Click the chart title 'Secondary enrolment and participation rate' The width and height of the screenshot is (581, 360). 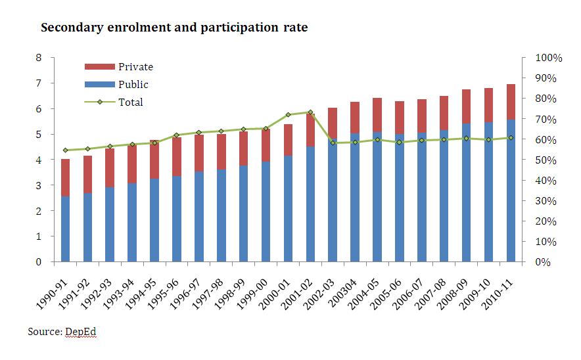click(x=174, y=28)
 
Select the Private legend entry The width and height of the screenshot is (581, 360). click(x=135, y=66)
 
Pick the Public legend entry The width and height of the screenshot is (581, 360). click(x=133, y=84)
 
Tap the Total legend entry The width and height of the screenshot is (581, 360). click(x=130, y=102)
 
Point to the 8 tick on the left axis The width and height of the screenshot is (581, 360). click(x=39, y=58)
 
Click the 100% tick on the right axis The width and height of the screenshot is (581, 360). click(x=549, y=58)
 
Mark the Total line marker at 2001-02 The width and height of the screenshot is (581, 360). click(x=310, y=112)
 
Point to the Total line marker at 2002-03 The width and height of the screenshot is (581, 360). click(x=333, y=143)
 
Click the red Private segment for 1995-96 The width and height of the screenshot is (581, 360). click(x=177, y=156)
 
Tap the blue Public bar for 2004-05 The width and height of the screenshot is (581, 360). click(x=377, y=197)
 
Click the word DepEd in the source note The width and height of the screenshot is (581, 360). click(x=81, y=332)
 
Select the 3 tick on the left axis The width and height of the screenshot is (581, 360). click(x=39, y=185)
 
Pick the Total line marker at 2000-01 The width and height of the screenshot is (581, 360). click(x=288, y=114)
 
